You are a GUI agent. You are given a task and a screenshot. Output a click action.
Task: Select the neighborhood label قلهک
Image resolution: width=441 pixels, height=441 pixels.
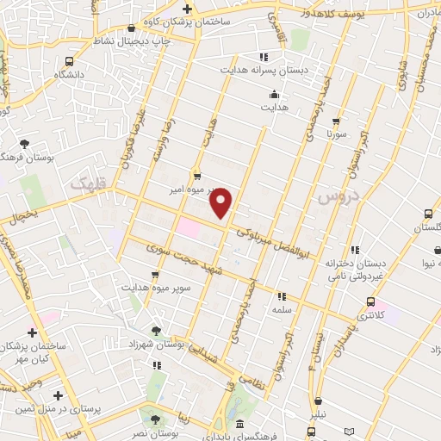click(84, 183)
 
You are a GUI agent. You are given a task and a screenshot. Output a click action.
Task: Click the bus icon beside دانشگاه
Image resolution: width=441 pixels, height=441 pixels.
click(69, 61)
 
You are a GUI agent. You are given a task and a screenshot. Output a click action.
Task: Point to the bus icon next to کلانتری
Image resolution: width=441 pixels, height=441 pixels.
click(370, 302)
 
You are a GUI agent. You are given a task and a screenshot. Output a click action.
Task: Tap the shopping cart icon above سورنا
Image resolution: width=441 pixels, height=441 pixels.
click(336, 121)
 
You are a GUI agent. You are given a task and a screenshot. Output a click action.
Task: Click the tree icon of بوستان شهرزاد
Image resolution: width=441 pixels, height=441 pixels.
click(156, 330)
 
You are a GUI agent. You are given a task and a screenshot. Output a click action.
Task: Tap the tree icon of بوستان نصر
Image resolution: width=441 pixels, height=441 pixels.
click(155, 419)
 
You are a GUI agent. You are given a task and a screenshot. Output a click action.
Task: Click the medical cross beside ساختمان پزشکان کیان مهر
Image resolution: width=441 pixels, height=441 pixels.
click(32, 332)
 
